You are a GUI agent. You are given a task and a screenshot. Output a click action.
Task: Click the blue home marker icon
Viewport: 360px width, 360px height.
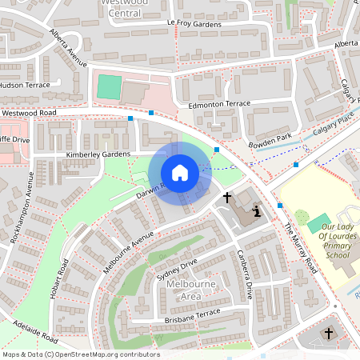point(180,173)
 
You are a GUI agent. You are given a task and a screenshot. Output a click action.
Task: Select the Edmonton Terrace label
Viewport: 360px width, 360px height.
point(218,104)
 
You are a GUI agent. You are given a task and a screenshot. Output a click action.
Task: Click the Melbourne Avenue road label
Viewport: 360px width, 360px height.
point(127,252)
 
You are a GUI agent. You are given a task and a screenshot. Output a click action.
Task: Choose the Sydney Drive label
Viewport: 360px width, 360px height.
point(177,270)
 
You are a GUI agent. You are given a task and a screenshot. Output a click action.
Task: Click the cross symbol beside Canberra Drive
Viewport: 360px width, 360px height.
point(226,196)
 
